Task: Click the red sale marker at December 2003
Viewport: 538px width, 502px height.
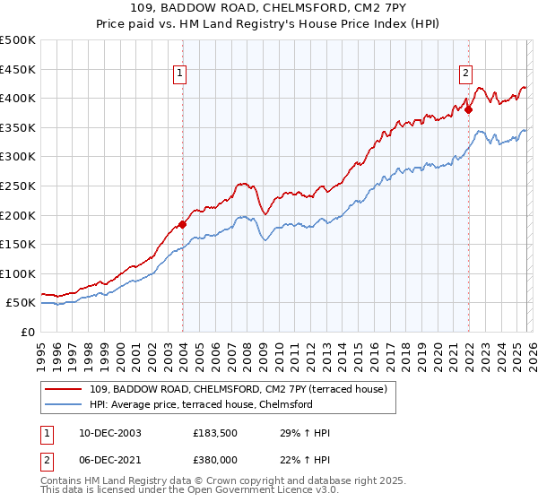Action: [182, 224]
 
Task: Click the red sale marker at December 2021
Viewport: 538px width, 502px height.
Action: [468, 109]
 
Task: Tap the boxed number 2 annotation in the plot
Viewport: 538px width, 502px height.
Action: [467, 74]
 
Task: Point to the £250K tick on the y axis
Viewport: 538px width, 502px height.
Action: [18, 186]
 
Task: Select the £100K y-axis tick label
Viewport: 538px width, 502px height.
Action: [18, 273]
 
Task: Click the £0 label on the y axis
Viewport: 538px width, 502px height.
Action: [27, 332]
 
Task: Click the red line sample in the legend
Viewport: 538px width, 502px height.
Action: [65, 389]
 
